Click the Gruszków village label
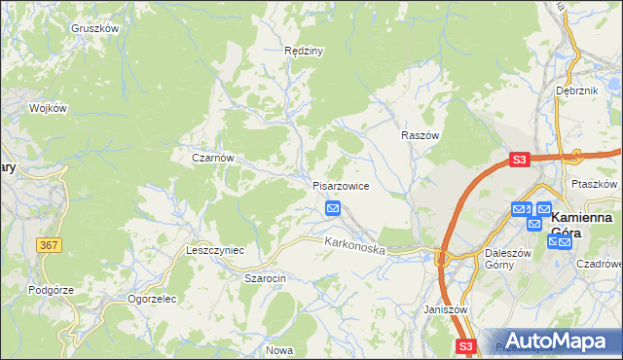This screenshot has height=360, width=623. pos(94,28)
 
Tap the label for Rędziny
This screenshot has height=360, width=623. pos(303,50)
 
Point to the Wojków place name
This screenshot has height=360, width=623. pos(48,108)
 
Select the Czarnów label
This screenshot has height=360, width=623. pos(213,157)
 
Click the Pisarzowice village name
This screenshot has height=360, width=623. pos(340,186)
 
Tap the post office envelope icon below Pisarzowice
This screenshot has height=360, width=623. pos(333,208)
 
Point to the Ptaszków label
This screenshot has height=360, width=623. pos(597,184)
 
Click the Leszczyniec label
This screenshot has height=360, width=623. pos(215,250)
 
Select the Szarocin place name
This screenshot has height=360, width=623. pos(264,278)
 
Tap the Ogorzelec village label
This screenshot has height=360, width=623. pos(152,299)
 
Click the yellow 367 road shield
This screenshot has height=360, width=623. pos(51,245)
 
